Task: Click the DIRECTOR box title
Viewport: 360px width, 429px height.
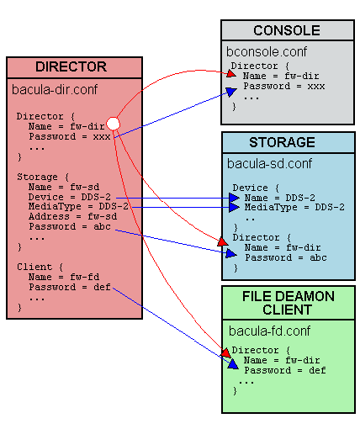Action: point(71,66)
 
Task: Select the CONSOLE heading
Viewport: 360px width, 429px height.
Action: point(282,30)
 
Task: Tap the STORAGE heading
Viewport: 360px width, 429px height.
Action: point(282,142)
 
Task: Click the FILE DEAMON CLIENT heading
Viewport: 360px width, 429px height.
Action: point(288,304)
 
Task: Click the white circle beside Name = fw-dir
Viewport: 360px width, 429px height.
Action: point(113,124)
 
